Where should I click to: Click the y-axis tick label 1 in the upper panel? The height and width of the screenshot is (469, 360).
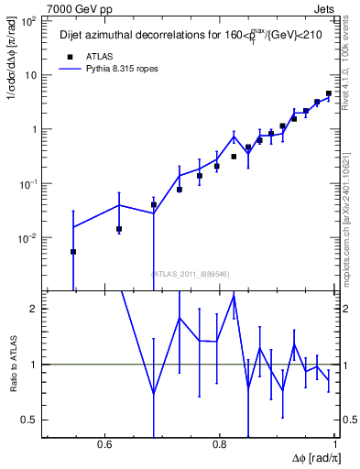tap(35, 129)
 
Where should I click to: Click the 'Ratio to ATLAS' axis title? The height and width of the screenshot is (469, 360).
tap(11, 364)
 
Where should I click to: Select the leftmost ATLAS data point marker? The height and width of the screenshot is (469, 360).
tap(73, 251)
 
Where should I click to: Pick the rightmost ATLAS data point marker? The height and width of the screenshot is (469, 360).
tap(329, 93)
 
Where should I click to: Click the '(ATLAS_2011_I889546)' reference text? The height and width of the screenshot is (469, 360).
tap(190, 273)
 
